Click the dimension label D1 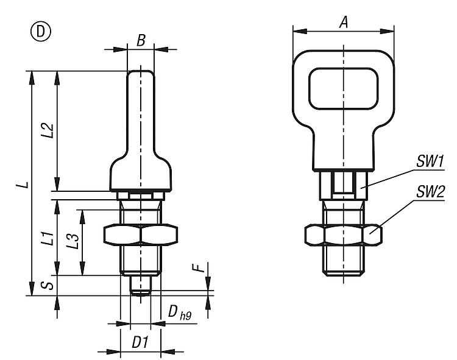[141, 342]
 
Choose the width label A [344, 22]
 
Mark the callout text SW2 [430, 193]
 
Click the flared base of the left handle [141, 175]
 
